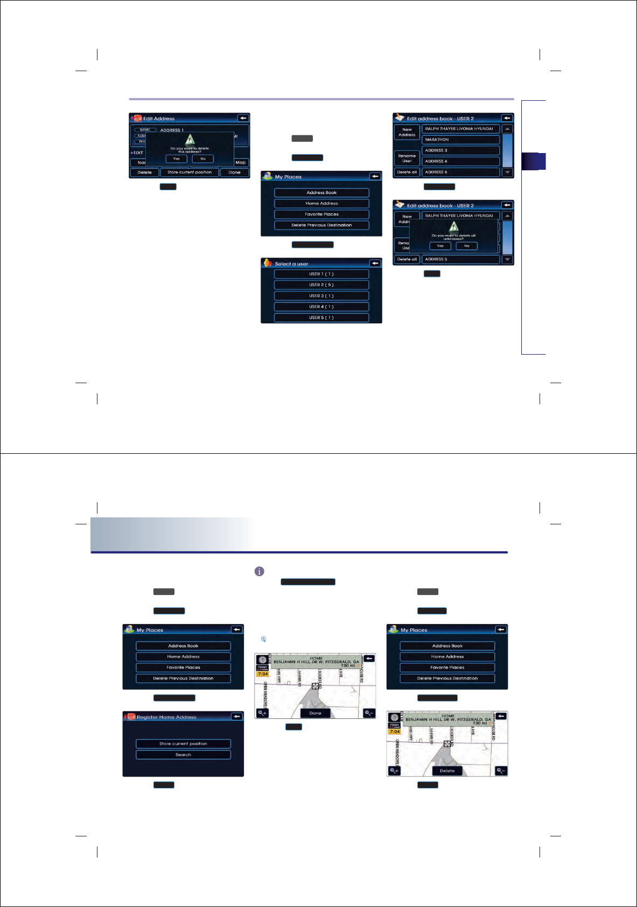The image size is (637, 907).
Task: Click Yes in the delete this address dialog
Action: pyautogui.click(x=176, y=158)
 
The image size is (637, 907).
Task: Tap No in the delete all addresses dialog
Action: pyautogui.click(x=466, y=246)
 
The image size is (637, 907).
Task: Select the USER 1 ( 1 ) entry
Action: pyautogui.click(x=321, y=274)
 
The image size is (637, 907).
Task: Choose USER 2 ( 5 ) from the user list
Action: pyautogui.click(x=321, y=285)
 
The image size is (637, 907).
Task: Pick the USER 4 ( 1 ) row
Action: pyautogui.click(x=321, y=307)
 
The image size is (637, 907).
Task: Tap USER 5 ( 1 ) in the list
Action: pyautogui.click(x=321, y=317)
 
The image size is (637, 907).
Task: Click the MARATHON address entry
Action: pyautogui.click(x=460, y=140)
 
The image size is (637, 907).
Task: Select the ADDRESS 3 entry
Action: pyautogui.click(x=460, y=150)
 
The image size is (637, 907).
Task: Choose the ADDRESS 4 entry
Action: pyautogui.click(x=460, y=161)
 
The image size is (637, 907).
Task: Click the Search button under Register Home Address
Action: pyautogui.click(x=183, y=754)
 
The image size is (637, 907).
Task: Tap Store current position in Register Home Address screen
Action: pyautogui.click(x=183, y=744)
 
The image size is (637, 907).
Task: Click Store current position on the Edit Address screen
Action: pyautogui.click(x=190, y=172)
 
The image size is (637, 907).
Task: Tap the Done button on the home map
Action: pyautogui.click(x=315, y=713)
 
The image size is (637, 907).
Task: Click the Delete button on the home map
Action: pyautogui.click(x=447, y=771)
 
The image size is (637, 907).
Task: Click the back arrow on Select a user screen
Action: pyautogui.click(x=375, y=263)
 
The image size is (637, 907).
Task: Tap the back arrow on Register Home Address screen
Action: pyautogui.click(x=236, y=716)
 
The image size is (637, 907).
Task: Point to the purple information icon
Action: pyautogui.click(x=259, y=571)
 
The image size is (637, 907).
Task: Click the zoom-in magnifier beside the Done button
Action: pyautogui.click(x=262, y=713)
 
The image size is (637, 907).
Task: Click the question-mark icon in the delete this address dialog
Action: pyautogui.click(x=190, y=140)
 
